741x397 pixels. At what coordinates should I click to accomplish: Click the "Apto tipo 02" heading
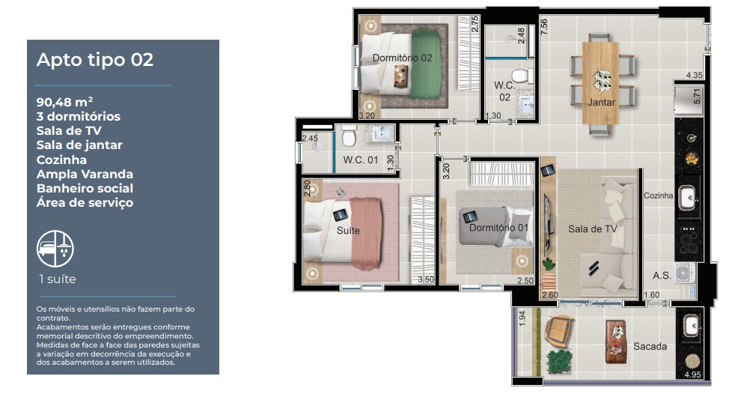(x=95, y=60)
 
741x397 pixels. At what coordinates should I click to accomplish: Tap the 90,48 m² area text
(x=64, y=102)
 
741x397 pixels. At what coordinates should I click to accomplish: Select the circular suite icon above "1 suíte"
(x=55, y=249)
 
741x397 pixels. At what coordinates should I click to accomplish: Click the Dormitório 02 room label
(x=402, y=58)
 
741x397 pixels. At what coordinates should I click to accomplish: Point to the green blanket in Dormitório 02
(x=425, y=64)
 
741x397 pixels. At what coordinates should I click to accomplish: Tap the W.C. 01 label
(x=361, y=160)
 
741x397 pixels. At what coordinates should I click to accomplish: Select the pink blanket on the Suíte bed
(x=366, y=232)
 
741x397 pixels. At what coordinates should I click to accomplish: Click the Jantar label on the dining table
(x=601, y=102)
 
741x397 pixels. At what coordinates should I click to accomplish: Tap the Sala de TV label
(x=593, y=229)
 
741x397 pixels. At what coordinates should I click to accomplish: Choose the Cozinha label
(x=659, y=196)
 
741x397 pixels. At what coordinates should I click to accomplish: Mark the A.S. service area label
(x=662, y=276)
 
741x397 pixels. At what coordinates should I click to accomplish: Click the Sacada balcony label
(x=650, y=346)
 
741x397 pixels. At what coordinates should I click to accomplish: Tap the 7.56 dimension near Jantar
(x=544, y=26)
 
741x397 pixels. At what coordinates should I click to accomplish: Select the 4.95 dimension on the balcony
(x=692, y=375)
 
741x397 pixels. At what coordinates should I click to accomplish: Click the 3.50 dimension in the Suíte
(x=426, y=279)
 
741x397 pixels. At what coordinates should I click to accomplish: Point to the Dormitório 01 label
(x=498, y=228)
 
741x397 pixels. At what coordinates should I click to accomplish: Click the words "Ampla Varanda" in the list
(x=85, y=174)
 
